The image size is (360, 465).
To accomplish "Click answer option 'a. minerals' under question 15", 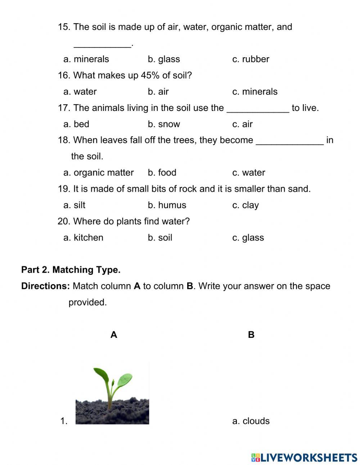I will click(86, 59).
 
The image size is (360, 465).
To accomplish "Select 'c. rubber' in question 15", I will click(251, 59).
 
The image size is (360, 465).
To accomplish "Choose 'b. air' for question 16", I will click(158, 91).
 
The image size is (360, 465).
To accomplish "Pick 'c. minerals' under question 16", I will click(255, 91).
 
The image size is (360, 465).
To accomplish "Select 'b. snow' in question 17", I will click(164, 124).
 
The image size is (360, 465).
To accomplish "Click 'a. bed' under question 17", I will click(76, 124).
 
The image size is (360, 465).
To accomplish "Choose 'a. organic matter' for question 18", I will click(99, 173).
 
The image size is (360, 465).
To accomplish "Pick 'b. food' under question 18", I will click(162, 173).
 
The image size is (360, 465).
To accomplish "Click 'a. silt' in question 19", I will click(75, 205).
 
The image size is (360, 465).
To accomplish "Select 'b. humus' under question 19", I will click(167, 205).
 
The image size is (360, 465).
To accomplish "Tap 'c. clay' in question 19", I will click(246, 205).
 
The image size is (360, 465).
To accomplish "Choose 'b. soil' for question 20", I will click(160, 237).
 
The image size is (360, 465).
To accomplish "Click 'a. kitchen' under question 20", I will click(84, 237).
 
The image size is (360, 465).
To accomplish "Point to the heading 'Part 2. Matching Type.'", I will click(71, 270).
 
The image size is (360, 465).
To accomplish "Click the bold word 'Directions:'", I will click(45, 286).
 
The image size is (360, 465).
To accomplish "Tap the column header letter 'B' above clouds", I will click(251, 335).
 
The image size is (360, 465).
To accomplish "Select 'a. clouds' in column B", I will click(251, 421).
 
